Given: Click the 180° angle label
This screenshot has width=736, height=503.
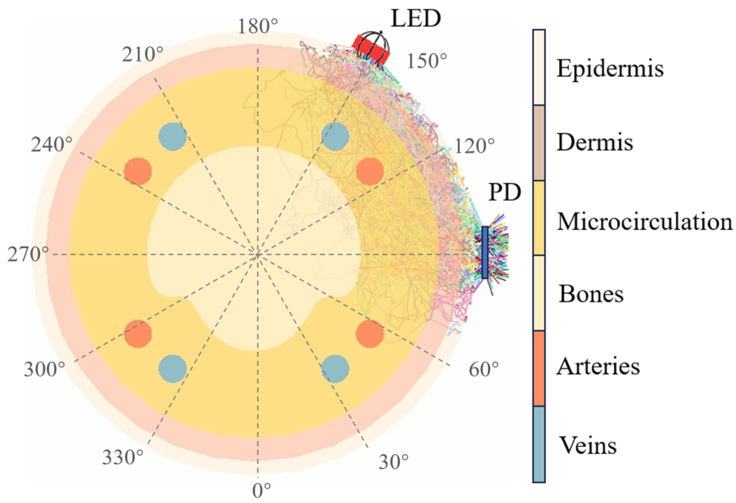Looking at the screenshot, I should tap(258, 26).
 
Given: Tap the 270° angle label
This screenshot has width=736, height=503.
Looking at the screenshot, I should tap(28, 255).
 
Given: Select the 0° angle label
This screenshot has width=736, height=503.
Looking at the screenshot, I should tap(261, 491).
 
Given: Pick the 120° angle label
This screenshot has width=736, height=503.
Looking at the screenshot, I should tap(474, 146).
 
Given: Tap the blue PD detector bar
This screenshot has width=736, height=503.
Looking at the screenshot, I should tap(485, 252).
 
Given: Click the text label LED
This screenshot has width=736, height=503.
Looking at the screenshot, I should tap(416, 19).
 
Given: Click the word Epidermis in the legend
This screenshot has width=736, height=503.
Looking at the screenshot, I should tap(610, 69).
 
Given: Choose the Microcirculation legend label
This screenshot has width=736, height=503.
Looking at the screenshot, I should tap(645, 221).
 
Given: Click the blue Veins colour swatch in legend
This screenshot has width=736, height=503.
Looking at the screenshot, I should tap(539, 444).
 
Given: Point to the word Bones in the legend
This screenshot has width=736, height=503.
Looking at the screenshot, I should tap(591, 294).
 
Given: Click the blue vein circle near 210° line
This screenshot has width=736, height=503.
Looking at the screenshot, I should tap(172, 137).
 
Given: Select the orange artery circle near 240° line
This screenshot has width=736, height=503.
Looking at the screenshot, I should tap(138, 171).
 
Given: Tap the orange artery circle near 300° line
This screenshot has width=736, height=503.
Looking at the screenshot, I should tap(138, 334).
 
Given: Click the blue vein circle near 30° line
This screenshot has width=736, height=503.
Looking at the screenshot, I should tap(335, 368).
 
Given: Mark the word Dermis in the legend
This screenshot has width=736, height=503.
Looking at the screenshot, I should tap(595, 142).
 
